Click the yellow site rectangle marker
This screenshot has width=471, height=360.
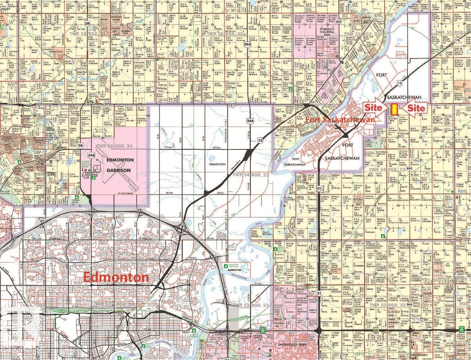pos(394,109)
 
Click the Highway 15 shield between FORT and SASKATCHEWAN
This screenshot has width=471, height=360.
pos(399,83)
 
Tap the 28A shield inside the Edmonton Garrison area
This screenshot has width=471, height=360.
pos(91,156)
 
